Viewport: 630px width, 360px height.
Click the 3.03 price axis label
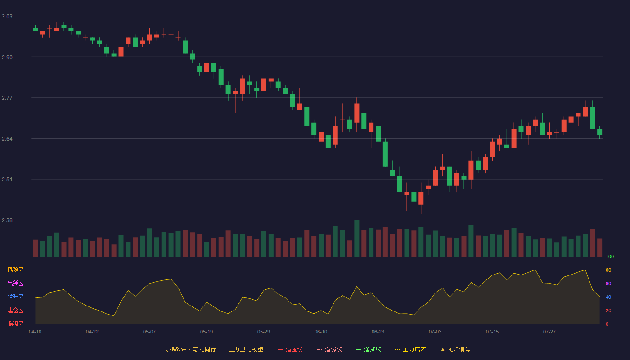pos(7,17)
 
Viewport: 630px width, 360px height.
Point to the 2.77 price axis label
pos(7,98)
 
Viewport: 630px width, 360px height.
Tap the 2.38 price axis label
pos(7,220)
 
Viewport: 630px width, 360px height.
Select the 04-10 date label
pos(35,332)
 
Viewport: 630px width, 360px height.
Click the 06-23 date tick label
pos(378,332)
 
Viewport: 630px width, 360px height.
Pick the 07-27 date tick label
pos(549,332)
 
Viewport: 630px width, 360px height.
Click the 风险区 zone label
pos(15,270)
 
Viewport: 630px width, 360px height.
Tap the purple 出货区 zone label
pos(15,283)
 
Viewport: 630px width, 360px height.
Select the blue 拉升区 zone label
pos(15,297)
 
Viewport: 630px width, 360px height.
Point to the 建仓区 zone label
pos(15,310)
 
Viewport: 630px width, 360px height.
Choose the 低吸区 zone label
pos(15,324)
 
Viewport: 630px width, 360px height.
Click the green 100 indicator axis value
pos(610,256)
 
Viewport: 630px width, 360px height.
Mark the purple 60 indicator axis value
pos(608,283)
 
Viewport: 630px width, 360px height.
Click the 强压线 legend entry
pos(290,349)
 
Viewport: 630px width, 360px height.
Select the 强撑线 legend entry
pos(369,349)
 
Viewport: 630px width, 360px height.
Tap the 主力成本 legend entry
pos(410,349)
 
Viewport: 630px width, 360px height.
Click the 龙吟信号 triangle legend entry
pos(455,349)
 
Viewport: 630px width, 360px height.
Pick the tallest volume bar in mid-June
pos(356,238)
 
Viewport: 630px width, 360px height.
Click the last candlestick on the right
pos(599,132)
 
